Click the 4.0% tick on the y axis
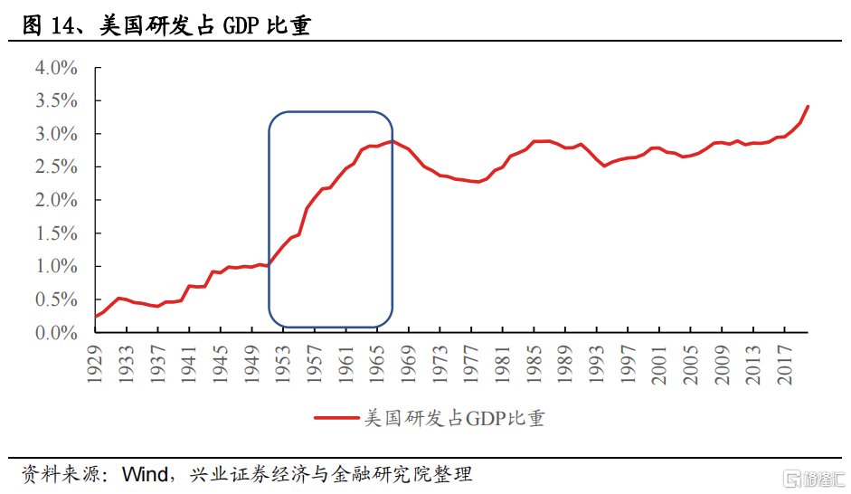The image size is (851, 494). [x=56, y=68]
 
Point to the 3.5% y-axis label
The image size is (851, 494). [x=56, y=100]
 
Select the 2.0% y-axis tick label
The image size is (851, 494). [x=56, y=200]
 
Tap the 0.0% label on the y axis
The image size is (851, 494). [x=56, y=332]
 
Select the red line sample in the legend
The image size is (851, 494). [x=336, y=418]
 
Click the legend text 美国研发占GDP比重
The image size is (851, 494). [x=454, y=418]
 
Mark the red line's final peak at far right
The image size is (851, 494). [x=808, y=107]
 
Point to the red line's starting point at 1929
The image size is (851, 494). [x=96, y=317]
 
